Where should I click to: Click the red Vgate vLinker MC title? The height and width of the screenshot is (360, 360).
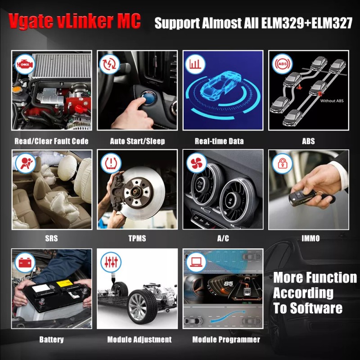click(x=74, y=21)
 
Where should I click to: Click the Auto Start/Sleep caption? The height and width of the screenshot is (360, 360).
click(x=137, y=141)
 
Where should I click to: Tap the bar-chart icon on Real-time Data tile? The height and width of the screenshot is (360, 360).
click(x=194, y=64)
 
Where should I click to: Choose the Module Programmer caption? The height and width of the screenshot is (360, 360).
click(x=226, y=339)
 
